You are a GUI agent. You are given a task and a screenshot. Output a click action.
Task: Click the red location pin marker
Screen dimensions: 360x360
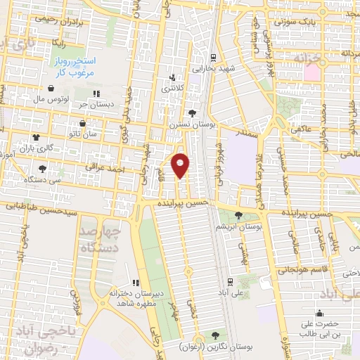coord(181,165)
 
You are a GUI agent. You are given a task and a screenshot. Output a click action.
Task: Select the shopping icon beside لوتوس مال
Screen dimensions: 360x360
coord(51,89)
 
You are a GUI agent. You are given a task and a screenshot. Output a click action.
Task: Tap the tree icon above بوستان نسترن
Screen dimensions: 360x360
coord(193,112)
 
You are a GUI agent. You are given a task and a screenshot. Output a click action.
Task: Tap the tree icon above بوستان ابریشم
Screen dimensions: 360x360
coord(239,215)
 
